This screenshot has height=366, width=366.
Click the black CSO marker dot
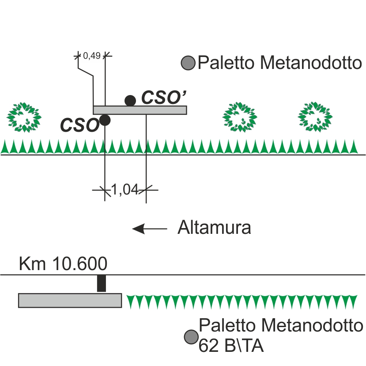[105, 120]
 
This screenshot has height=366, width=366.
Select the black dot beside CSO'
[130, 101]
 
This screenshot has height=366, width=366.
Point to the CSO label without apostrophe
[79, 125]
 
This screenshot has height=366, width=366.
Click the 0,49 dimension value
[92, 56]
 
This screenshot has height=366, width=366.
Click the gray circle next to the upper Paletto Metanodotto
[189, 63]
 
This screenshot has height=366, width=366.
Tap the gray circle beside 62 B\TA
[191, 337]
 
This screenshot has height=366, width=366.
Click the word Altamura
[214, 229]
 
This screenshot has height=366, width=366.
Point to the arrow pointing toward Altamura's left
[150, 229]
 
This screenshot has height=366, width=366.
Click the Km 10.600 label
[63, 264]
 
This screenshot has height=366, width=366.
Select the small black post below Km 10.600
[102, 283]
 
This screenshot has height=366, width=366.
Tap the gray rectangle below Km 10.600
[70, 300]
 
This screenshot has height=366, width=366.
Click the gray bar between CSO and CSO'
[140, 110]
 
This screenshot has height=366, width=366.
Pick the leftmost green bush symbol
[24, 117]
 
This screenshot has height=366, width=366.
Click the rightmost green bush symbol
[315, 117]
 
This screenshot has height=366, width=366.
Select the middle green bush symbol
[240, 117]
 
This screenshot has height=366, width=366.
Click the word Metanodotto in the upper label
[310, 63]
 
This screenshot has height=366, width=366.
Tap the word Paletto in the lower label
[227, 326]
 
